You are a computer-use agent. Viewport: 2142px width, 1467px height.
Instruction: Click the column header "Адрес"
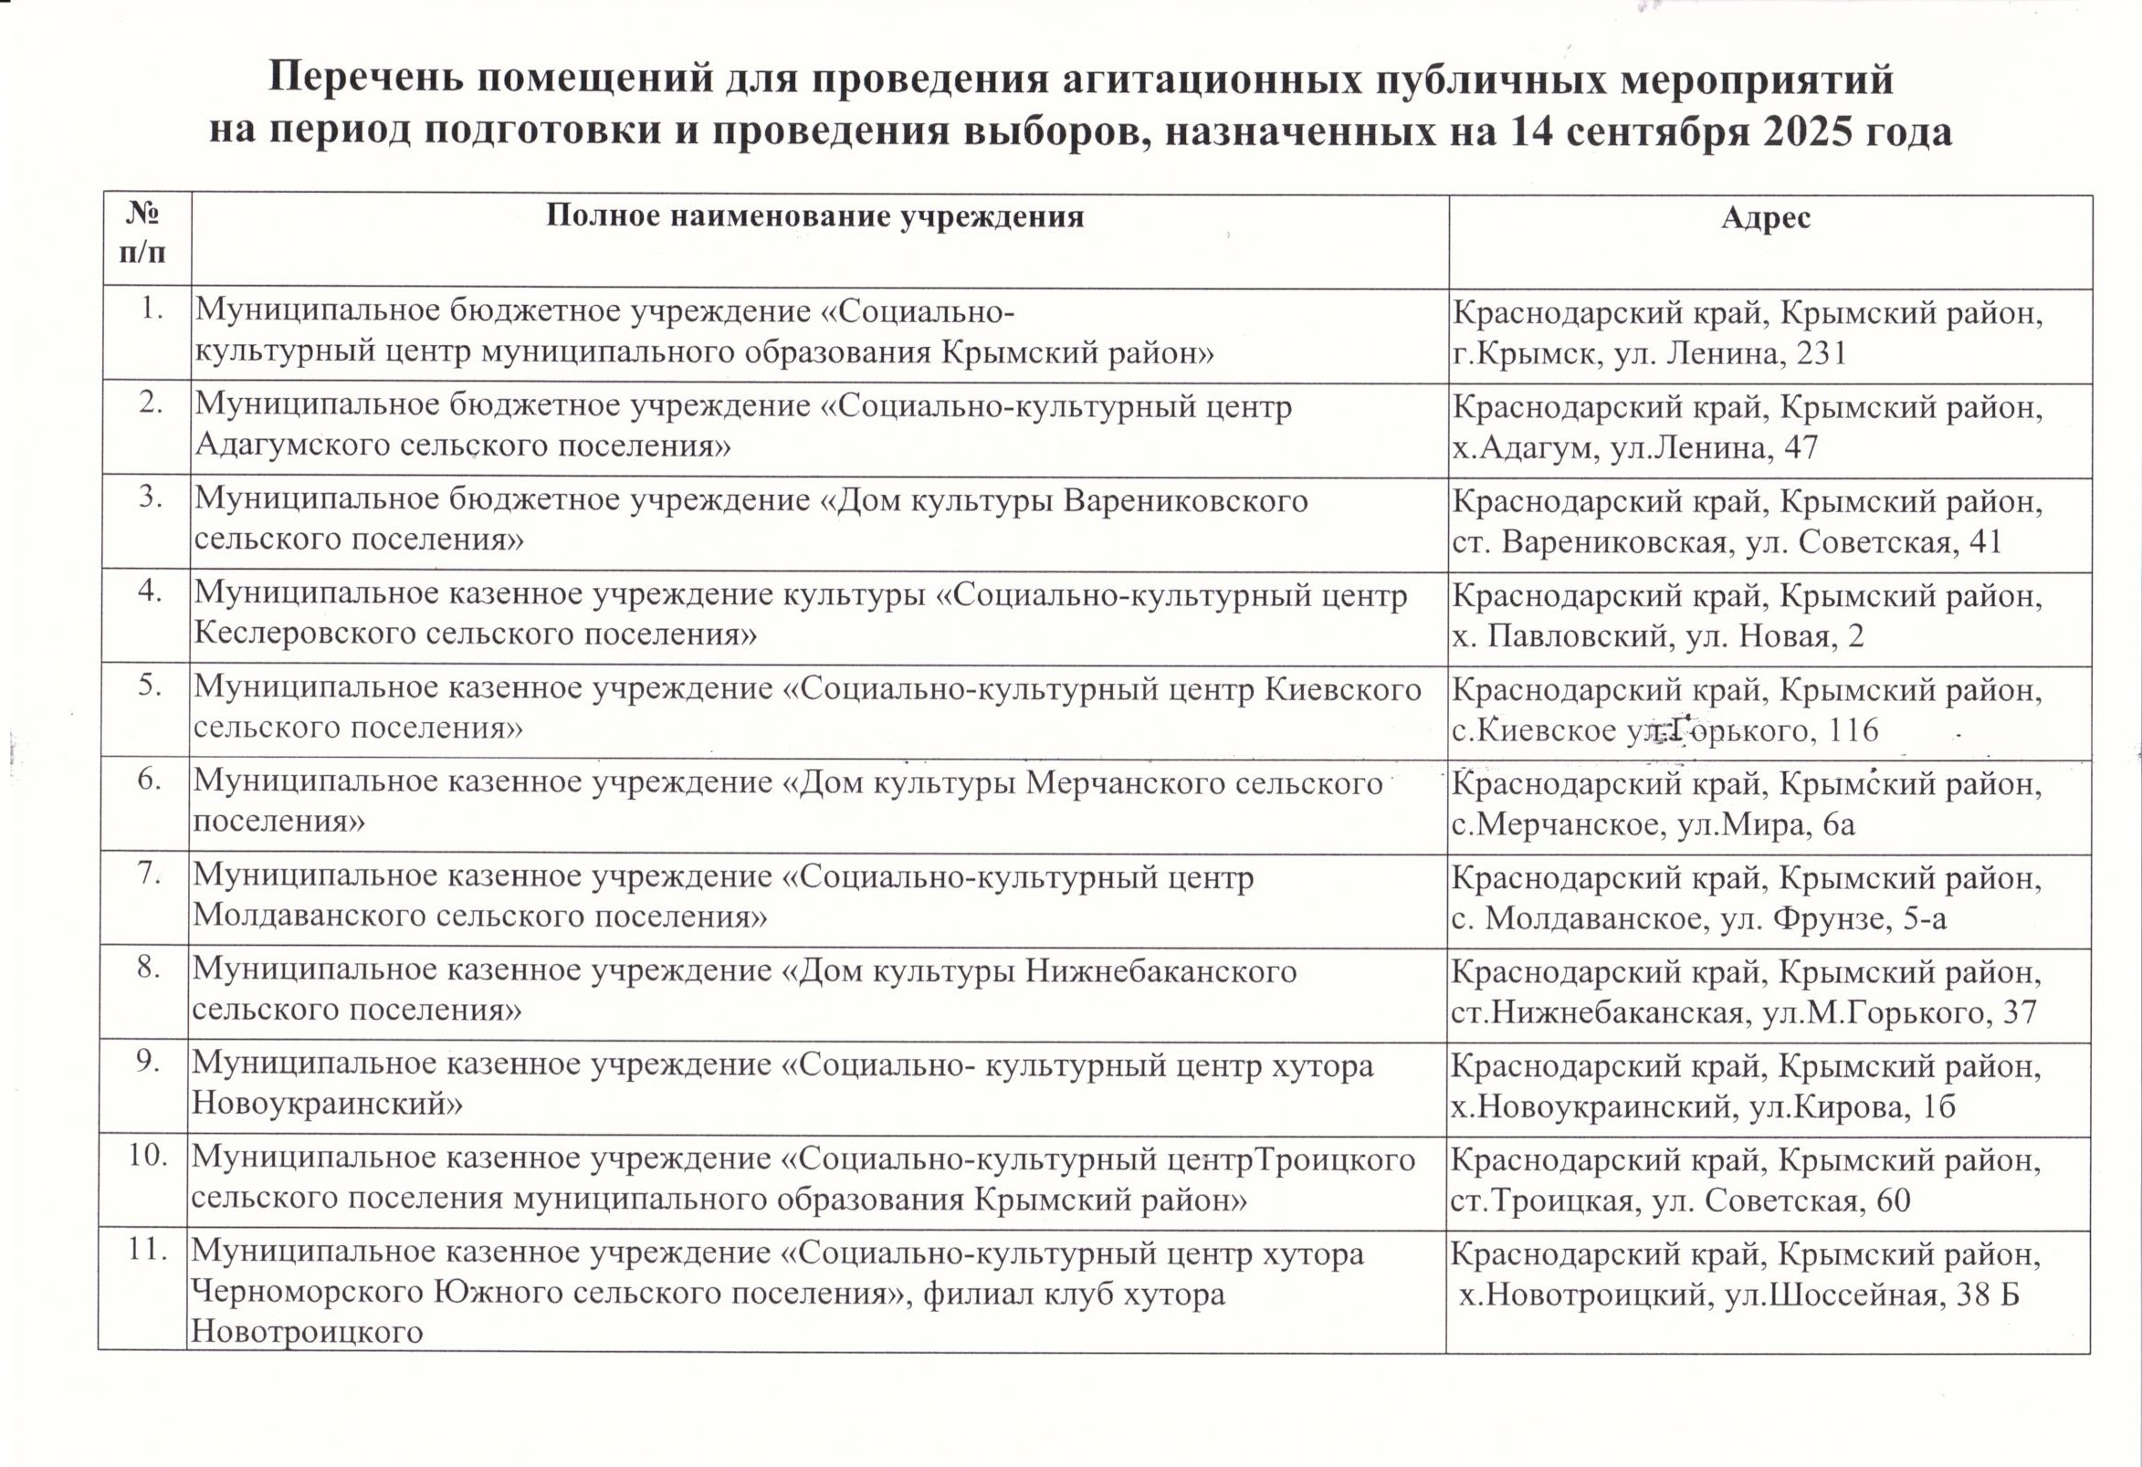pyautogui.click(x=1765, y=218)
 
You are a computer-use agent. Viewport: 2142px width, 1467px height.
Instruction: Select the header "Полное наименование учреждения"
pyautogui.click(x=814, y=216)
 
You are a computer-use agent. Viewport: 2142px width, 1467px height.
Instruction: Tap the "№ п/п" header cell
pyautogui.click(x=143, y=234)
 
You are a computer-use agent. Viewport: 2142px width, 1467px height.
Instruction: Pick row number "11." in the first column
pyautogui.click(x=148, y=1251)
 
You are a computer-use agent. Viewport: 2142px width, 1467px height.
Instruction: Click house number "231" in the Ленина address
pyautogui.click(x=1822, y=354)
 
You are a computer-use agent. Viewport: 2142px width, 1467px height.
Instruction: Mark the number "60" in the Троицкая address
pyautogui.click(x=1885, y=1200)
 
